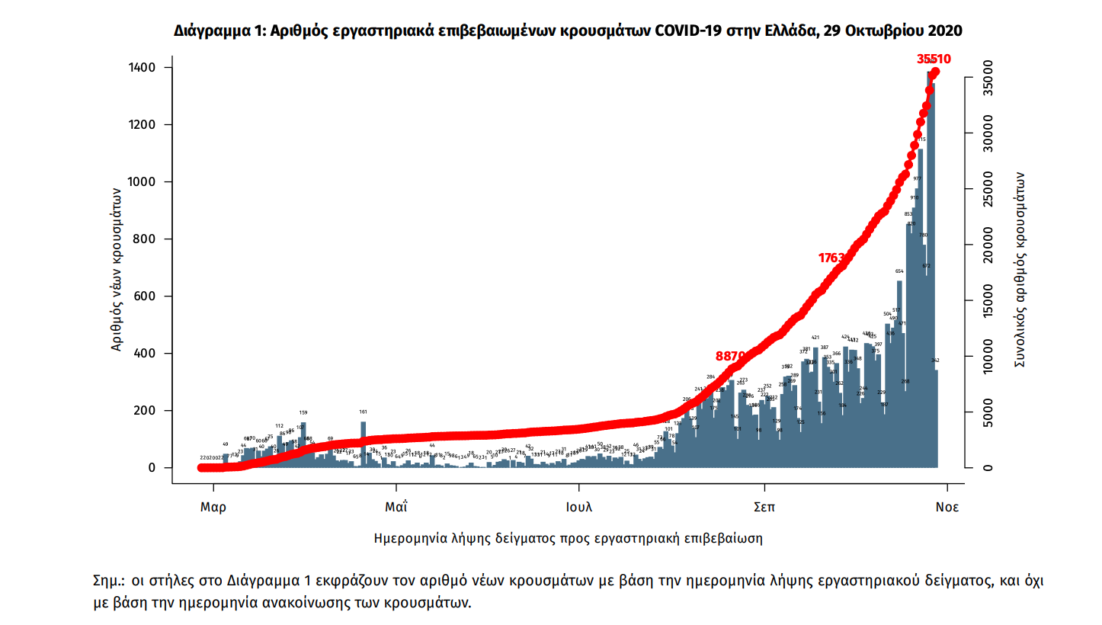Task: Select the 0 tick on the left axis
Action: pyautogui.click(x=152, y=468)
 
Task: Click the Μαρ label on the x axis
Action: pyautogui.click(x=213, y=506)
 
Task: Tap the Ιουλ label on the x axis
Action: pyautogui.click(x=578, y=506)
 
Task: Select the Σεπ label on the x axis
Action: pyautogui.click(x=764, y=506)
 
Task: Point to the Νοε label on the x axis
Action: pyautogui.click(x=947, y=506)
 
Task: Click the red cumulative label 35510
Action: pyautogui.click(x=934, y=59)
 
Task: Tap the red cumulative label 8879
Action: pyautogui.click(x=730, y=356)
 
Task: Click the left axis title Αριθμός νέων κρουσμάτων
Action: pyautogui.click(x=117, y=268)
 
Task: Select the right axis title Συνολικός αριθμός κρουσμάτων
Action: pyautogui.click(x=1019, y=268)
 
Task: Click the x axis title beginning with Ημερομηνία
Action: pyautogui.click(x=568, y=538)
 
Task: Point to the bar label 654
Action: pyautogui.click(x=899, y=271)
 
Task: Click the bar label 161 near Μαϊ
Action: pyautogui.click(x=363, y=412)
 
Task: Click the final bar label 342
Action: pyautogui.click(x=935, y=360)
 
